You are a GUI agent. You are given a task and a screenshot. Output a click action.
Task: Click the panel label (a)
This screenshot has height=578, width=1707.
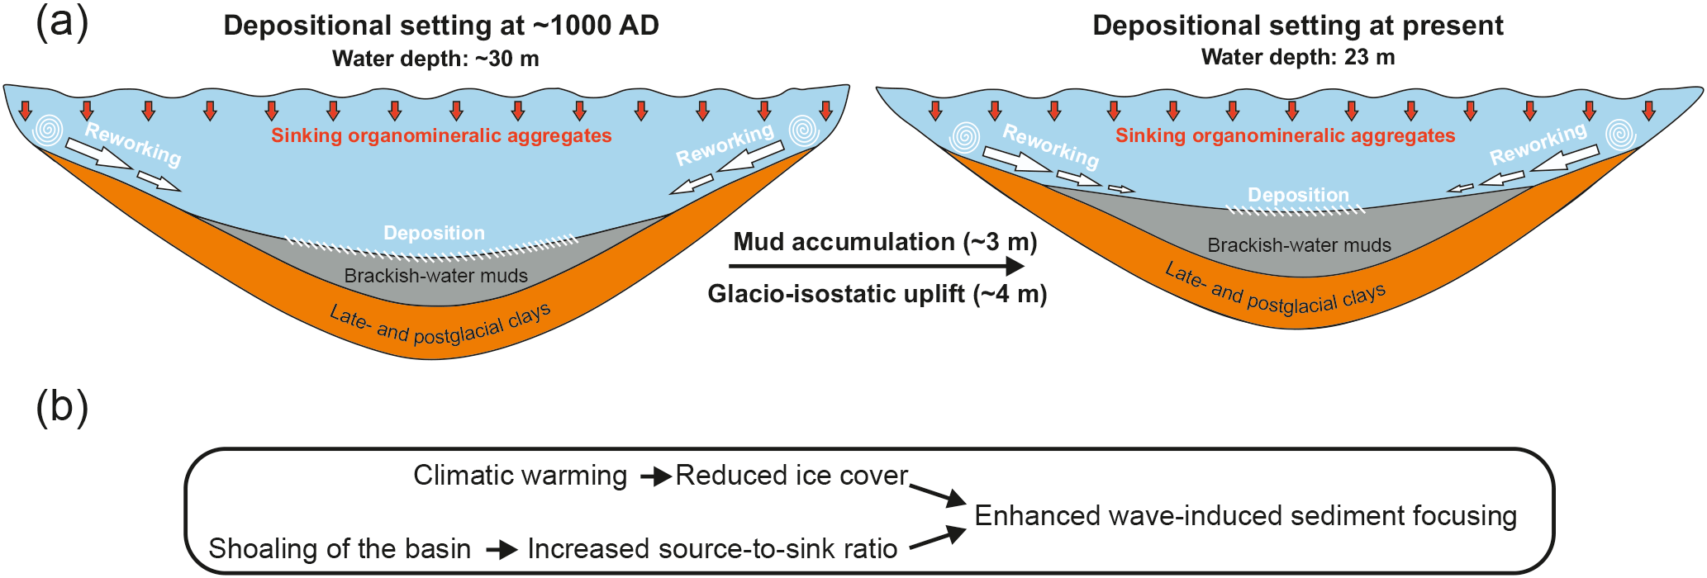tap(62, 23)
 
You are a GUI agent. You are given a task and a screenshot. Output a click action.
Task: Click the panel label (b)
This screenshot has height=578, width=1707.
tap(62, 408)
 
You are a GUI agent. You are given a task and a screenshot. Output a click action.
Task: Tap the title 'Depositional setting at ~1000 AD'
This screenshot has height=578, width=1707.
tap(441, 26)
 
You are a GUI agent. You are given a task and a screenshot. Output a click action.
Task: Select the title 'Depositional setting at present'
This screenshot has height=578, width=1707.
tap(1297, 26)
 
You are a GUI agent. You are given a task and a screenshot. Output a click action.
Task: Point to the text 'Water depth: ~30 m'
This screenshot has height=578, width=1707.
tap(435, 59)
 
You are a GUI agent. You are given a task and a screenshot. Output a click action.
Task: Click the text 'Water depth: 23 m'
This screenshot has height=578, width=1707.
tap(1297, 57)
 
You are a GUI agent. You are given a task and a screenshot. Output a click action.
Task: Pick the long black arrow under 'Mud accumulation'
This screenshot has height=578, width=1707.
tap(876, 266)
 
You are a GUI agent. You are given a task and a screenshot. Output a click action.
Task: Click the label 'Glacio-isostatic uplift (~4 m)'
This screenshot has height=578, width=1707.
tap(877, 294)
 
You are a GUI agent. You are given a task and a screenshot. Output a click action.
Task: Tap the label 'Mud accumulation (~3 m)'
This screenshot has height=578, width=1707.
tap(885, 242)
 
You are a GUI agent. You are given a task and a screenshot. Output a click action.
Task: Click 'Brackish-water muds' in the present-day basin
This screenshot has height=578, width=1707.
tap(1299, 245)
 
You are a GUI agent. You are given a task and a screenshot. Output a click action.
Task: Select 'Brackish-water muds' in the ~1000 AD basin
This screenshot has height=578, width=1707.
tap(435, 276)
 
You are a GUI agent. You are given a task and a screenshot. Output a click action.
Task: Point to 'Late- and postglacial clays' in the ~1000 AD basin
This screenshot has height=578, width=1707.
tap(440, 325)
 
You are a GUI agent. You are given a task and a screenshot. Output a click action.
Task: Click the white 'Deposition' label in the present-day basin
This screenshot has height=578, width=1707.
tap(1298, 195)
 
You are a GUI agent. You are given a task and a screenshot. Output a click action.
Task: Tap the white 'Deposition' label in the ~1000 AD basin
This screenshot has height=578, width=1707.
tap(434, 233)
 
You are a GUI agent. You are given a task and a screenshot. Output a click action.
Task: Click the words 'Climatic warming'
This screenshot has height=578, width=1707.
tap(520, 476)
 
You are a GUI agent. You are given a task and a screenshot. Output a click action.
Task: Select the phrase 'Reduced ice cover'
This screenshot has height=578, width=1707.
tap(792, 476)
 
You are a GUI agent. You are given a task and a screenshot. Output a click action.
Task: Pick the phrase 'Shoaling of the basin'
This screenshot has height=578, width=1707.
tap(340, 548)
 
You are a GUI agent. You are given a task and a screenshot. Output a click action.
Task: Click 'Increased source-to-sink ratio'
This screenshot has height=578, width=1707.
tap(712, 548)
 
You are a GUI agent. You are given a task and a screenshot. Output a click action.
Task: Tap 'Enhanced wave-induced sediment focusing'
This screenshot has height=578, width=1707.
tap(1245, 516)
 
